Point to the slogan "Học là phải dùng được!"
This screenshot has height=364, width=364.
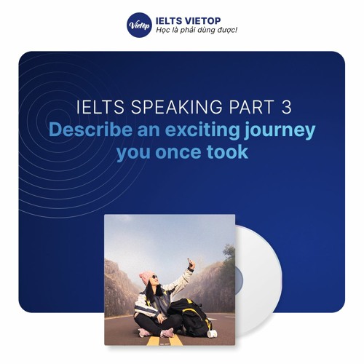(x=196, y=31)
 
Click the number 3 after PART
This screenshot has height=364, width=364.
(x=285, y=108)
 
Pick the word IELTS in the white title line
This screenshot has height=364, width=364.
(x=95, y=108)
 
